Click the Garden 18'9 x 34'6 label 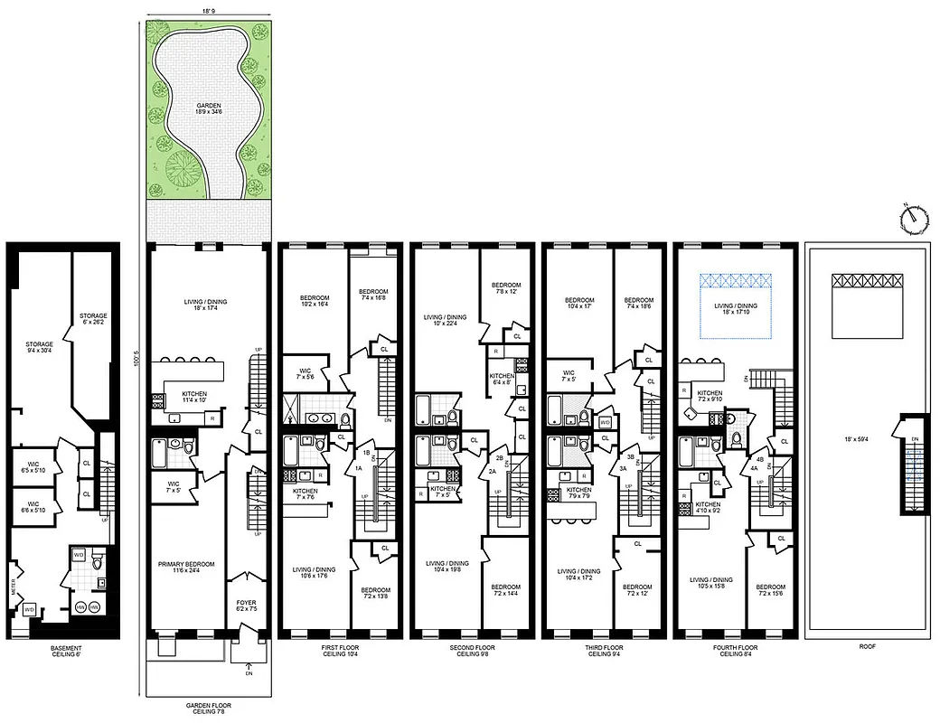point(209,110)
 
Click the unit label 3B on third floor point(630,457)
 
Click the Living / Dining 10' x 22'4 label point(446,321)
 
